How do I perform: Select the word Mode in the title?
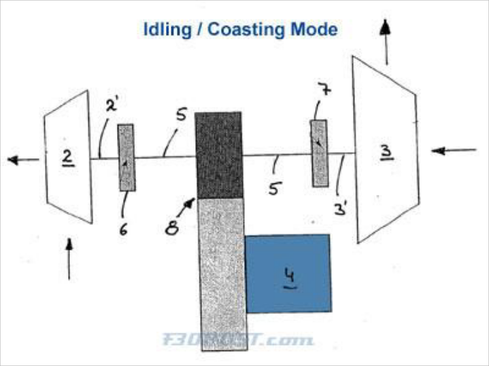pyautogui.click(x=314, y=30)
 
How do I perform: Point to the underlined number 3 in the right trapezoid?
pyautogui.click(x=386, y=151)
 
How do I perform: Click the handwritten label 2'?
pyautogui.click(x=114, y=105)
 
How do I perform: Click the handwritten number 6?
pyautogui.click(x=123, y=230)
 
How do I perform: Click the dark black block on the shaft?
pyautogui.click(x=218, y=155)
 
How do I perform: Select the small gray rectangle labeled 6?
pyautogui.click(x=127, y=157)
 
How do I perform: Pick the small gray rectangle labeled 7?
pyautogui.click(x=318, y=153)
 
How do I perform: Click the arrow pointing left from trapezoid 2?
pyautogui.click(x=23, y=160)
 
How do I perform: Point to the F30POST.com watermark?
pyautogui.click(x=238, y=339)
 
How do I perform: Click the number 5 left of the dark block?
pyautogui.click(x=180, y=116)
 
